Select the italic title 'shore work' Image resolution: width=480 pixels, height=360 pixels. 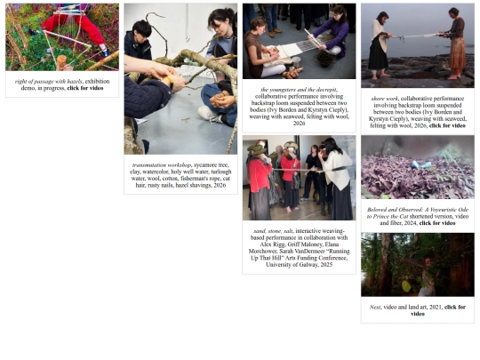point(385,98)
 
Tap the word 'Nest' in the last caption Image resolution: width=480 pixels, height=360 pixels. point(375,307)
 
